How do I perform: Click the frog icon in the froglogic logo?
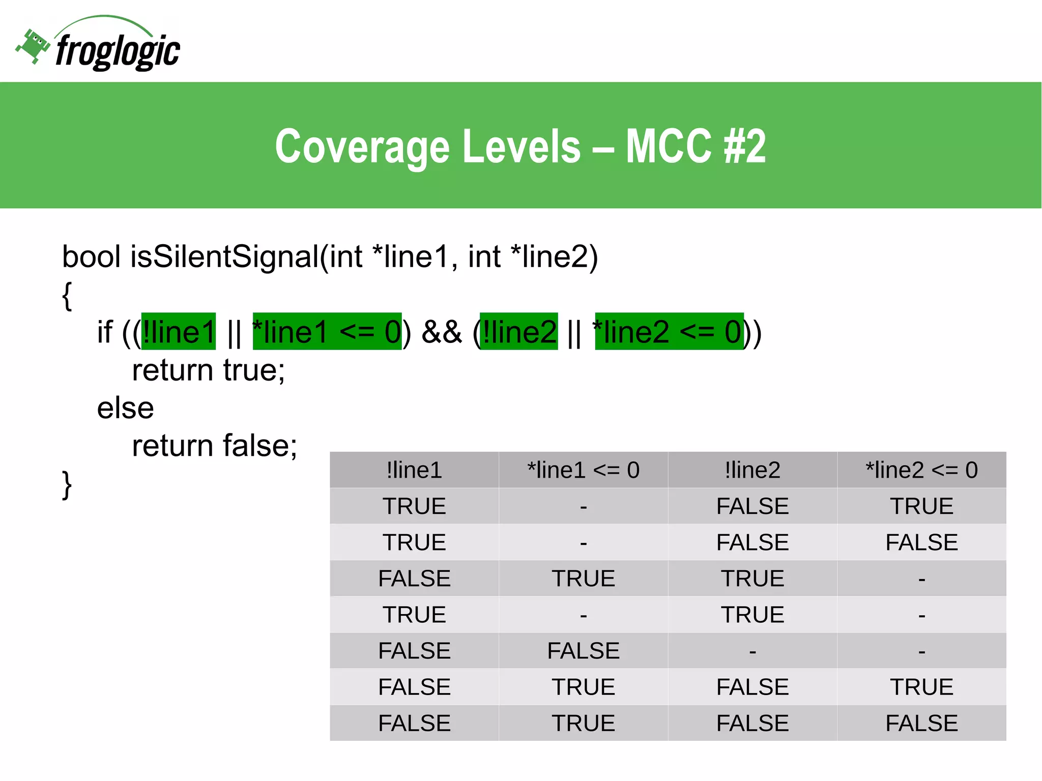click(x=33, y=46)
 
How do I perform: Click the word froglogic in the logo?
click(x=118, y=51)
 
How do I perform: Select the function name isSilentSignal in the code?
click(x=224, y=256)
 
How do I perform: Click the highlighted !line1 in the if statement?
click(x=179, y=332)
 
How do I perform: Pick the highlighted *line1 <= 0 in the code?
click(x=327, y=332)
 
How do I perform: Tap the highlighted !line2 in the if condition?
click(x=519, y=332)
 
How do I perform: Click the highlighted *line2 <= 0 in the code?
click(x=669, y=332)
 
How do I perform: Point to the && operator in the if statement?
click(x=442, y=332)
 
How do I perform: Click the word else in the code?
click(x=125, y=408)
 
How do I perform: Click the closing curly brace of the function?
click(x=67, y=485)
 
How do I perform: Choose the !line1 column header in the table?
click(x=414, y=470)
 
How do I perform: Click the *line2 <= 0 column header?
click(x=921, y=470)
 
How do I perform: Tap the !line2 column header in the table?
click(x=752, y=470)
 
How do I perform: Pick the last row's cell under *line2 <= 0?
click(x=921, y=723)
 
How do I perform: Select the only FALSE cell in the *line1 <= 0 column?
click(x=583, y=651)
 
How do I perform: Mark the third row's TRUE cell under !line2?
click(x=752, y=578)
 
